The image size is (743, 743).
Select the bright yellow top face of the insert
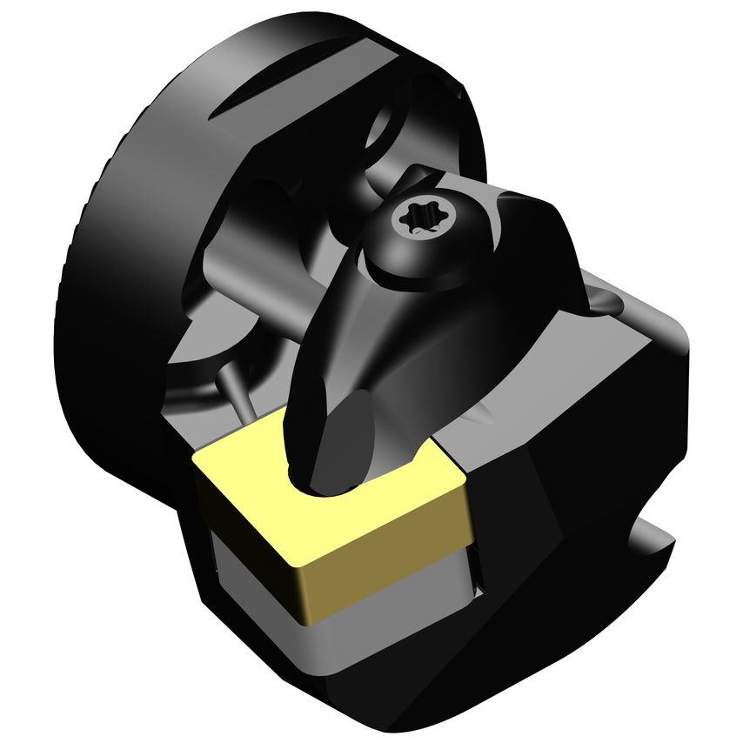pyautogui.click(x=261, y=487)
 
